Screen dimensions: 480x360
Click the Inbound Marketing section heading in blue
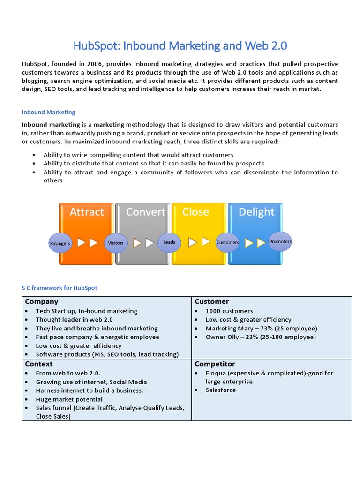tap(48, 112)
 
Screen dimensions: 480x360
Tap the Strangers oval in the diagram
tap(60, 243)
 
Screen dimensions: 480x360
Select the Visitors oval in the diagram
tap(116, 243)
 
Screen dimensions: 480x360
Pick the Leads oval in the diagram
tap(169, 242)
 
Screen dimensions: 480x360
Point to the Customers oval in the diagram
tap(227, 242)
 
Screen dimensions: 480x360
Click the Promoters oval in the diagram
tap(280, 241)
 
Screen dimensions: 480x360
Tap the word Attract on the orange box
tap(87, 212)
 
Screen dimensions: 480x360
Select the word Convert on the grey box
tap(145, 212)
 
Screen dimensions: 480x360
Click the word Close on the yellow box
tap(195, 212)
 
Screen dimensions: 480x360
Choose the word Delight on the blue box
tap(256, 212)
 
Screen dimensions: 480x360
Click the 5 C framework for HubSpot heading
tap(60, 288)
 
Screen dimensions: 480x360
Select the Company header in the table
tap(42, 301)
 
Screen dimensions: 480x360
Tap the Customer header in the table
tap(212, 301)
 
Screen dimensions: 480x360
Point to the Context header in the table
tap(39, 364)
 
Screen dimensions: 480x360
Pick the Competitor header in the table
tap(215, 364)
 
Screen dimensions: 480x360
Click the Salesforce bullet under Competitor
tap(221, 390)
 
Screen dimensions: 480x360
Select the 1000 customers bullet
tap(229, 311)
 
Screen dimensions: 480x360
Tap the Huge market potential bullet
tap(69, 399)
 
